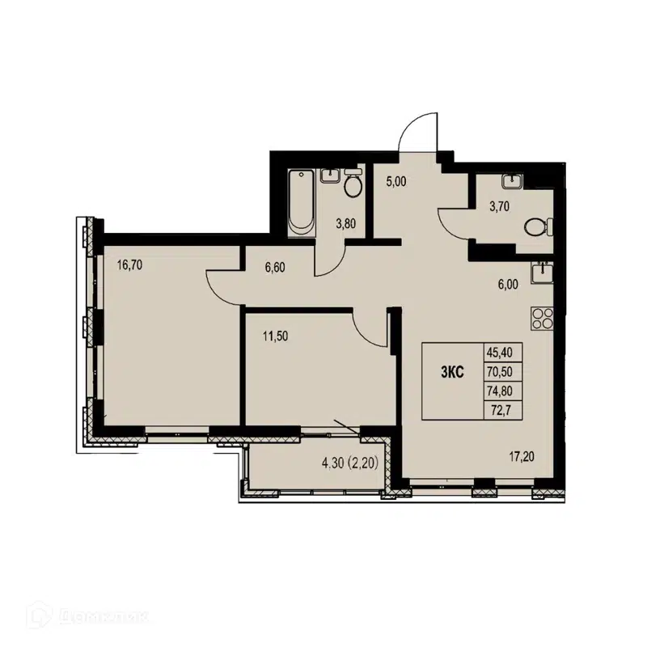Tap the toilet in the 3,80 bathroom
point(353,185)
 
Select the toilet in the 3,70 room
point(535,227)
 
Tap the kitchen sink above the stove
point(540,272)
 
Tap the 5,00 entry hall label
point(395,183)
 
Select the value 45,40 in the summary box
point(502,353)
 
